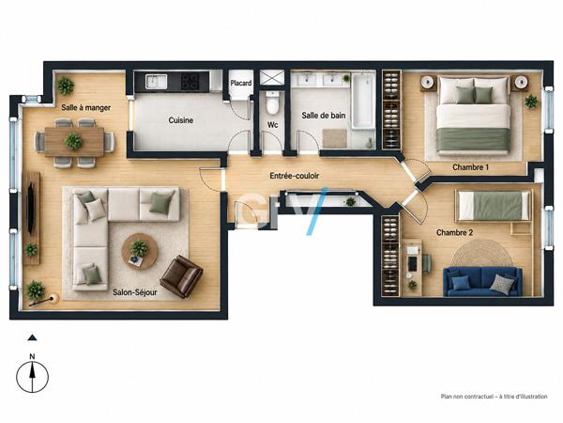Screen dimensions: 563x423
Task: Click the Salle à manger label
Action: (85, 107)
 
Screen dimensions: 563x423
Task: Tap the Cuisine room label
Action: (181, 120)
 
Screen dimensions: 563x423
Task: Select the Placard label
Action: (241, 83)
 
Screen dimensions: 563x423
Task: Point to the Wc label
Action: (272, 125)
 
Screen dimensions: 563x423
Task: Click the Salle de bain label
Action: (324, 116)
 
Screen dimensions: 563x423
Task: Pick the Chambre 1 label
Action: (470, 167)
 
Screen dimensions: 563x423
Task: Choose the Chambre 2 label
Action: (454, 233)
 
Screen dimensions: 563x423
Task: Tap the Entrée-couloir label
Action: (295, 176)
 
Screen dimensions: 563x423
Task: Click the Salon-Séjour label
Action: (135, 292)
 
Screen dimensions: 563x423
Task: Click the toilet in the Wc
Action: (272, 102)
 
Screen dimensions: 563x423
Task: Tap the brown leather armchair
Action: (181, 276)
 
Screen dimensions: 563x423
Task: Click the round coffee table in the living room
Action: (140, 251)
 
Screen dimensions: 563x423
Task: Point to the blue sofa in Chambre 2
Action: (482, 282)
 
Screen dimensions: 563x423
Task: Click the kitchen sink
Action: (156, 81)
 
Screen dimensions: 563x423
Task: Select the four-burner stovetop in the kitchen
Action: (190, 81)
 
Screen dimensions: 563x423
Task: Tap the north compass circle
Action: (32, 377)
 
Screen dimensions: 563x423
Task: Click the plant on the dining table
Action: (73, 141)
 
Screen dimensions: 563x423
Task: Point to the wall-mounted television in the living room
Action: (31, 209)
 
